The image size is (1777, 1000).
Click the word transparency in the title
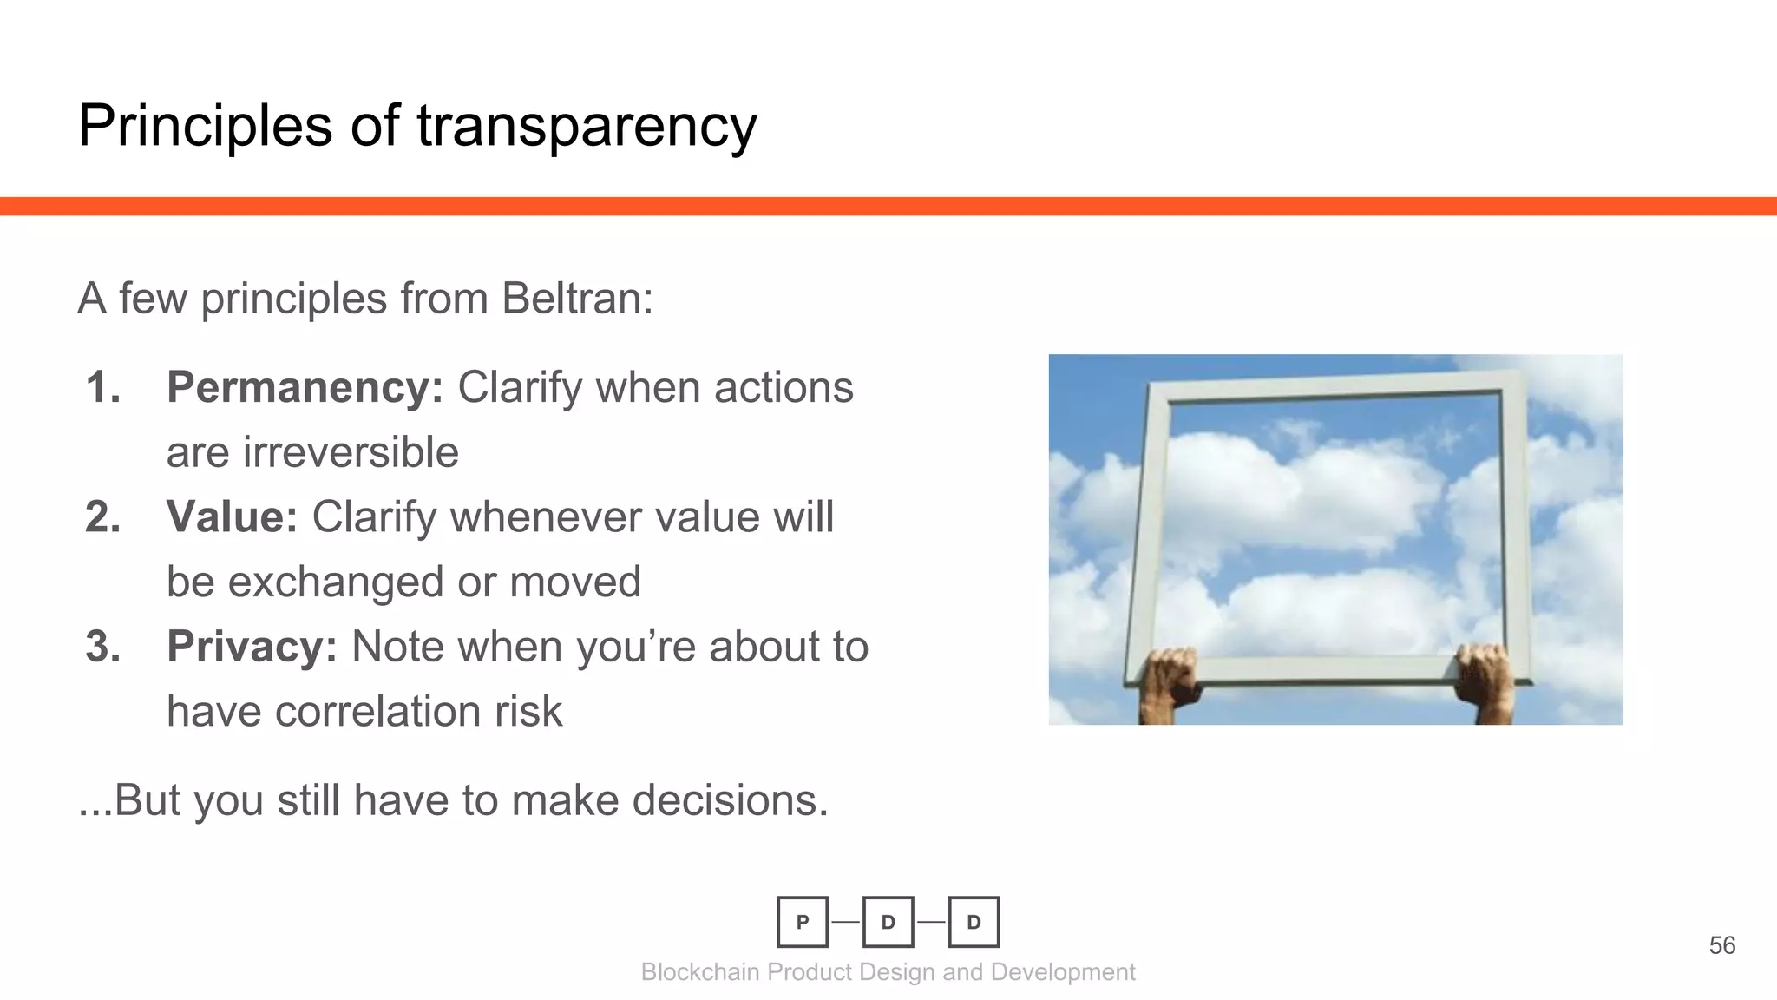click(587, 127)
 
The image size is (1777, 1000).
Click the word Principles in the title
click(205, 127)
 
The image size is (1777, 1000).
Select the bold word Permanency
click(305, 387)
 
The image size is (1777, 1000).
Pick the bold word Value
click(232, 517)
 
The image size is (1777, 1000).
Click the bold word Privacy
click(252, 647)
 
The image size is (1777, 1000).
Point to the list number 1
click(102, 387)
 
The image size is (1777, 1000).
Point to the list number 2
click(102, 517)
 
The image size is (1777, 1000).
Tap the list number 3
click(102, 647)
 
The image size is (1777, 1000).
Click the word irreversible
click(350, 452)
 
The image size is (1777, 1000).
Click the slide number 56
click(1721, 945)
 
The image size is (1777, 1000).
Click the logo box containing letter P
click(803, 922)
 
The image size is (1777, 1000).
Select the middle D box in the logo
click(888, 922)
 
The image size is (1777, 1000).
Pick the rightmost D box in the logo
click(974, 922)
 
